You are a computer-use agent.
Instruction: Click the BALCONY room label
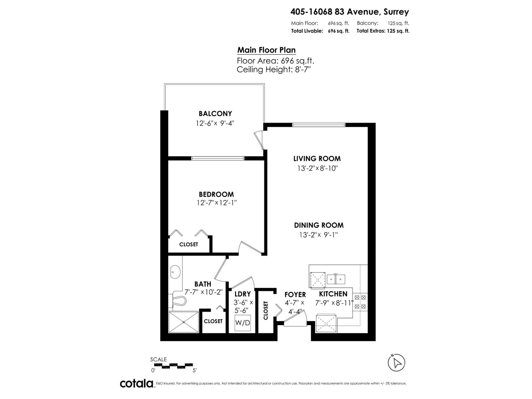215,114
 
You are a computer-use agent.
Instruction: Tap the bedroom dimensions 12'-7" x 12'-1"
216,202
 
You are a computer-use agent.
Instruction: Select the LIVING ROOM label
317,159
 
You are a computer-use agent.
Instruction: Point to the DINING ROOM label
319,225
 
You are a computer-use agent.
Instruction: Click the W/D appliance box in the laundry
243,323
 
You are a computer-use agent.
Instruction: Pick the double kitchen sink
336,279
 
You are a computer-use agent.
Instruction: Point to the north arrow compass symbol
396,362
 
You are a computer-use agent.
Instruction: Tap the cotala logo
136,383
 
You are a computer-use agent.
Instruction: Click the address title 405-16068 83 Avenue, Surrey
349,12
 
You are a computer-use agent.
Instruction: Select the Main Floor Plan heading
266,50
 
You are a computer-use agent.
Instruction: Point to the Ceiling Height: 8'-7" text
274,69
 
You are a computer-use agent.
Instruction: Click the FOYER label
295,295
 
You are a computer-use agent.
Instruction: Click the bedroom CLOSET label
189,244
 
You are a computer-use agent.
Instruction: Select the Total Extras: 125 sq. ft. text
383,31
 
